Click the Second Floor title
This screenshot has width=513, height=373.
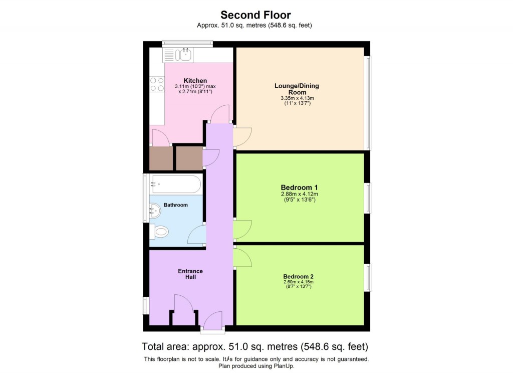tap(256, 15)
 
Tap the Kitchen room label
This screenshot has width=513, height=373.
tap(195, 81)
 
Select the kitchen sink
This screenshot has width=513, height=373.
tap(184, 55)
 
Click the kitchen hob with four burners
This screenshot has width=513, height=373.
tap(157, 84)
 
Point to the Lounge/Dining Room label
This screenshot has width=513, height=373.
tap(297, 89)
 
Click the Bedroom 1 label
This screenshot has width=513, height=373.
tap(300, 188)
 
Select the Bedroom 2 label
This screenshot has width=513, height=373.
tap(298, 276)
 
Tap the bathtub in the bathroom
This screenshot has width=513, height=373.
tap(176, 184)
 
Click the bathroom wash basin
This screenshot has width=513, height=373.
tap(155, 212)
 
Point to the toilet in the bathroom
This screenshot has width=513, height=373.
tap(160, 232)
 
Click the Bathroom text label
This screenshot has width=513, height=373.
tap(175, 205)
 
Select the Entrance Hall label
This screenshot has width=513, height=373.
tap(190, 274)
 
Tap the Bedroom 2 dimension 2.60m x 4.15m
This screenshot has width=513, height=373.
tap(298, 282)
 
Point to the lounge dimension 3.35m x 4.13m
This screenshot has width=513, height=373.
tap(297, 98)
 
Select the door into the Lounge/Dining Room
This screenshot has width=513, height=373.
tap(242, 136)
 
